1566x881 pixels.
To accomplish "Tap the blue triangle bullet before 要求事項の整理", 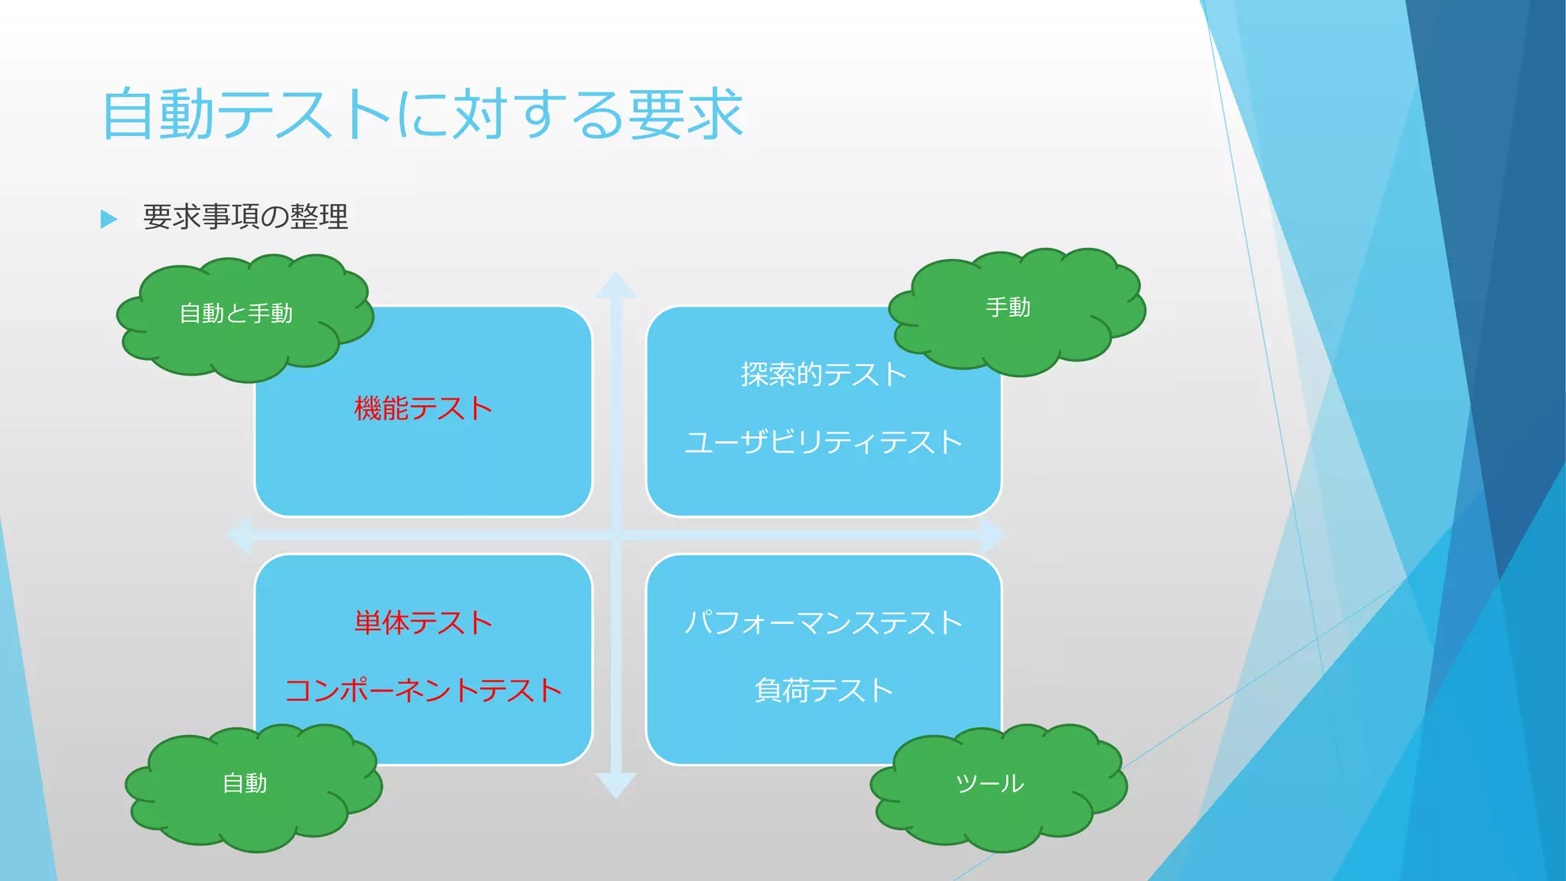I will coord(109,219).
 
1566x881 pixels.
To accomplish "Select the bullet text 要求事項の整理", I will coord(245,217).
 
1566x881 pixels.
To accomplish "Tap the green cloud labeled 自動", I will coord(245,784).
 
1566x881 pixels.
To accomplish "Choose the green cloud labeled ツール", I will coord(990,784).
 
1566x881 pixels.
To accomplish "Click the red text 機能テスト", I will coord(423,408).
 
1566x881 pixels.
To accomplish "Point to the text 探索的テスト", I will coord(824,375).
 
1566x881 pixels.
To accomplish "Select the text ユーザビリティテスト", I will coord(824,443).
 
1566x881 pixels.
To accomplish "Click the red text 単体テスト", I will coord(423,623).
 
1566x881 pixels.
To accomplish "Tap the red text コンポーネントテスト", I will coord(423,691).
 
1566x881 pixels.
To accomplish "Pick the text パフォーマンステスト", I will coord(824,623).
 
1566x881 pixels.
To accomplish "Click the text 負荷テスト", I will coord(824,691).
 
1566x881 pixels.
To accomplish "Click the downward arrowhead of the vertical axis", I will coord(616,785).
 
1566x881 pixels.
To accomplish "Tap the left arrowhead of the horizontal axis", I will coord(241,535).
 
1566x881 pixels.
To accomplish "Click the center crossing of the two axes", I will coord(616,535).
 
